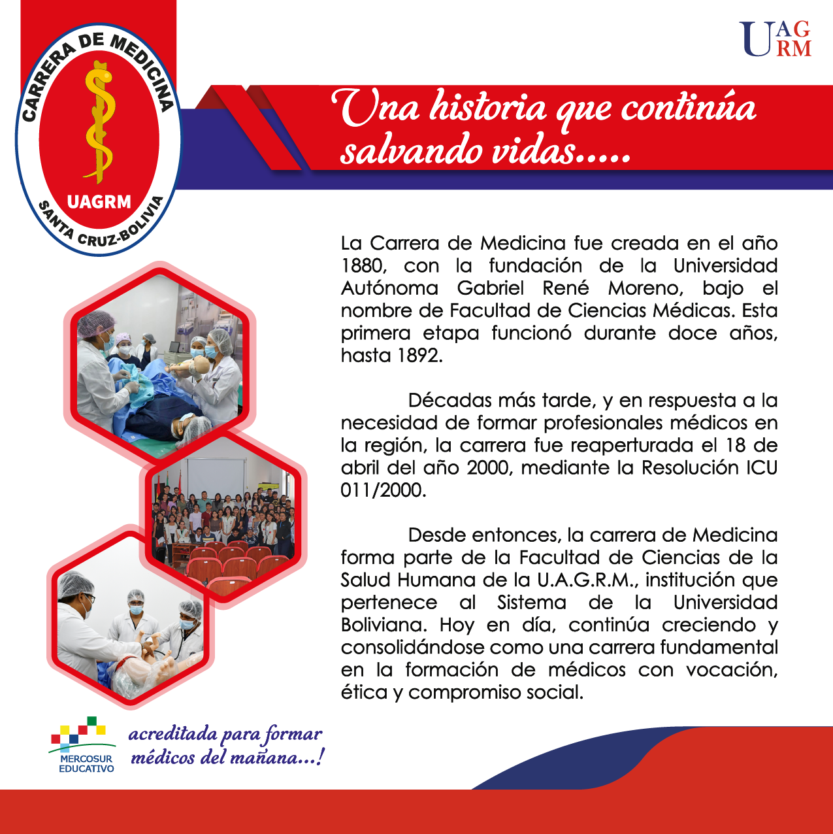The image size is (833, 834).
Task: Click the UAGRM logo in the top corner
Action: (x=775, y=39)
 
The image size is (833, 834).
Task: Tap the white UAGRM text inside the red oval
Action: (x=99, y=202)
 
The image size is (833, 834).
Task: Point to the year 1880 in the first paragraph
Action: (x=363, y=266)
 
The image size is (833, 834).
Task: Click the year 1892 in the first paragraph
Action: (x=419, y=356)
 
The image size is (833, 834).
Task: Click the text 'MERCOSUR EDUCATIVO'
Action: (x=86, y=764)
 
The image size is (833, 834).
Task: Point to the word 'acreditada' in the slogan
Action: (x=172, y=735)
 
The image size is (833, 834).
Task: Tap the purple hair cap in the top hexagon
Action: (x=95, y=323)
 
